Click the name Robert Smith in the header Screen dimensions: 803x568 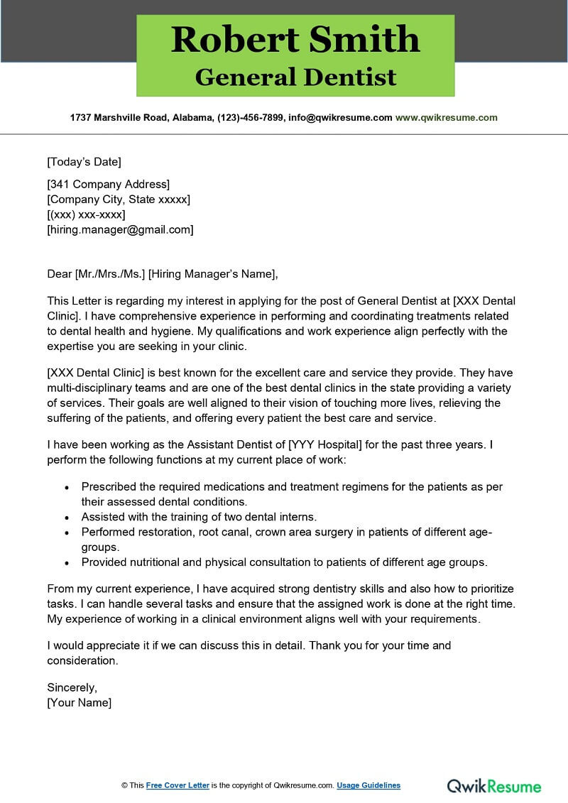coord(295,40)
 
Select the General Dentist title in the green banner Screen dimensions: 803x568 coord(295,77)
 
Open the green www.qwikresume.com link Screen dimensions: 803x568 coord(446,118)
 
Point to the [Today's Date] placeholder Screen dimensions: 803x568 coord(84,161)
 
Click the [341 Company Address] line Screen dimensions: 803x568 coord(108,185)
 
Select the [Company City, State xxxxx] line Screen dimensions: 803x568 coord(118,200)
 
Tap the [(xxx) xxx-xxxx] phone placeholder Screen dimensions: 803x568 coord(86,214)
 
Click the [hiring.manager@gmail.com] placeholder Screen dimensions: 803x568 coord(120,229)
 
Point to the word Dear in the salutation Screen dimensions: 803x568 coord(59,273)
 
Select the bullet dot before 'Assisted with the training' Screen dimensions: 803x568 coord(67,518)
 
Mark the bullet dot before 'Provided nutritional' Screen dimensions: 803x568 coord(67,562)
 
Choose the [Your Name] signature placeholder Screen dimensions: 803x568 coord(79,702)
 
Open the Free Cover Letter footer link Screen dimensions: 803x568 coord(177,785)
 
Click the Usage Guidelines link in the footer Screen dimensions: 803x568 coord(368,785)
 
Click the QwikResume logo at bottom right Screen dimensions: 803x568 coord(493,785)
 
